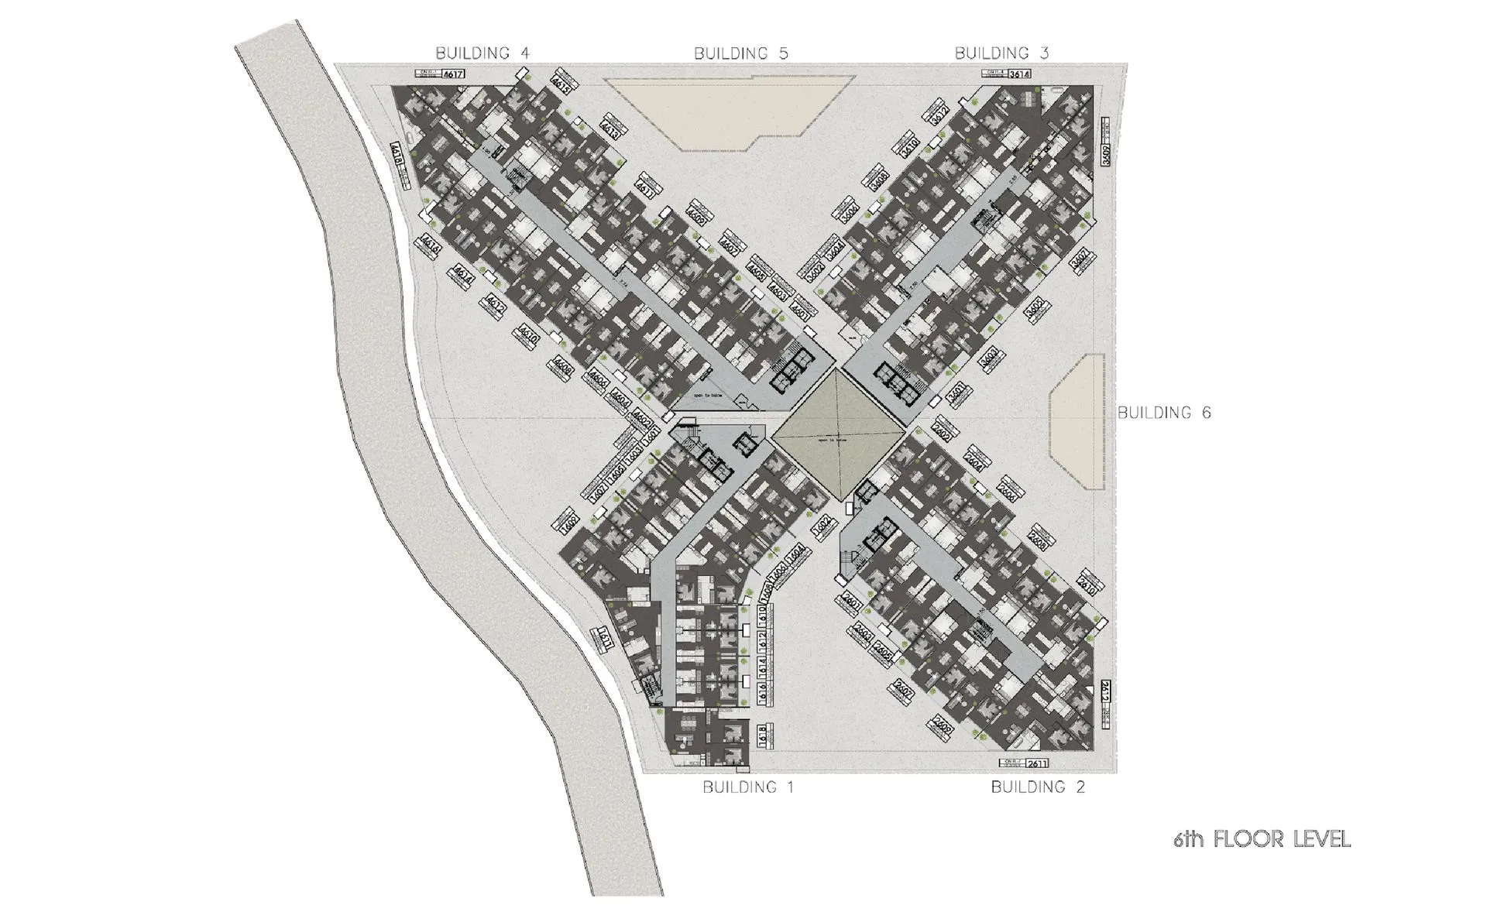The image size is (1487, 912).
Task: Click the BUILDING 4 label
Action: click(482, 53)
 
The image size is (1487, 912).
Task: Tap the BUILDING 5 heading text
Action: click(740, 53)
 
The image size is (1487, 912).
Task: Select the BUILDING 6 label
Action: click(1163, 413)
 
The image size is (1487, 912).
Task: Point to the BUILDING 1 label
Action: click(747, 787)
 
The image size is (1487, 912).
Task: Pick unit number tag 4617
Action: click(452, 74)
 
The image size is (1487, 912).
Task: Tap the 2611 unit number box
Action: click(1037, 763)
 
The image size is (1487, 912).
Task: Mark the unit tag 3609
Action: click(1105, 156)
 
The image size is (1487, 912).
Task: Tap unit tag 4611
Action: click(644, 190)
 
